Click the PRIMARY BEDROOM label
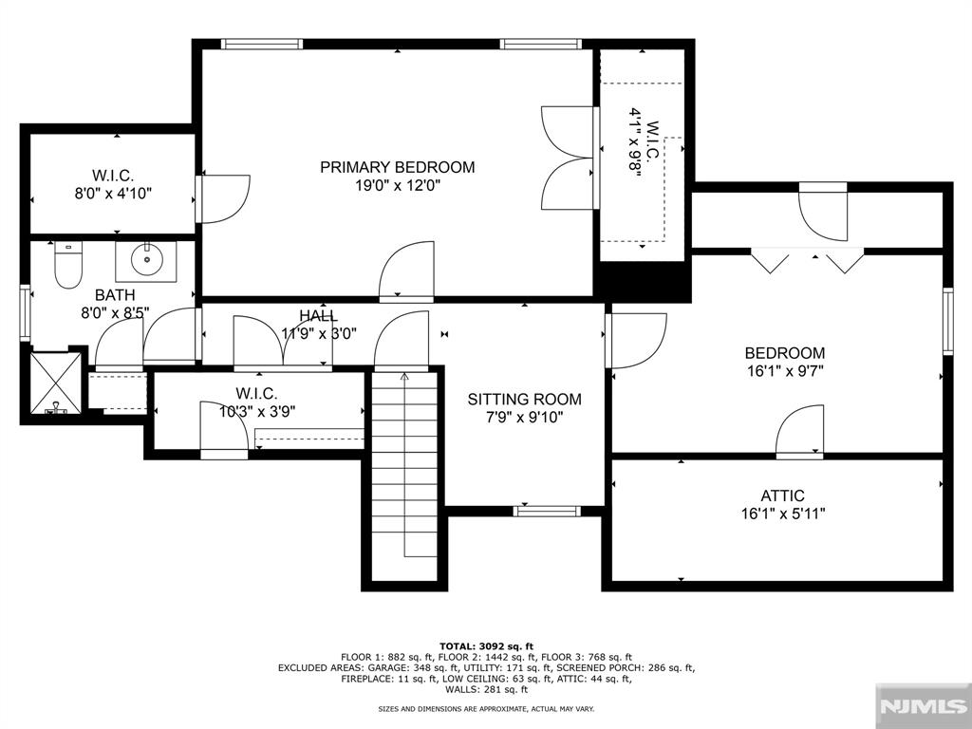[x=398, y=167]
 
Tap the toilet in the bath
[x=68, y=266]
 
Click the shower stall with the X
[x=55, y=383]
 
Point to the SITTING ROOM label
[x=524, y=400]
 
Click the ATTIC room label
[x=782, y=495]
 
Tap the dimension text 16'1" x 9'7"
[x=785, y=371]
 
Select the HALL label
[x=319, y=315]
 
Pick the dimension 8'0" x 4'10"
[x=114, y=194]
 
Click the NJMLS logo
[x=923, y=706]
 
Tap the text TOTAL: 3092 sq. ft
[x=486, y=645]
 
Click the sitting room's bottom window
[x=547, y=512]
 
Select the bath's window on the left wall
[x=26, y=312]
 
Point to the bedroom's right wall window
[x=948, y=321]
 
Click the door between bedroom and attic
[x=799, y=432]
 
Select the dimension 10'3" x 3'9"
[x=256, y=411]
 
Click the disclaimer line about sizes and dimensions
[x=486, y=708]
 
